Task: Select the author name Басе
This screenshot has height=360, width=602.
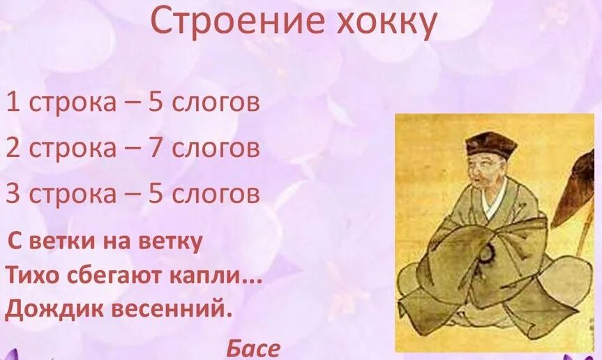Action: (x=253, y=347)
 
